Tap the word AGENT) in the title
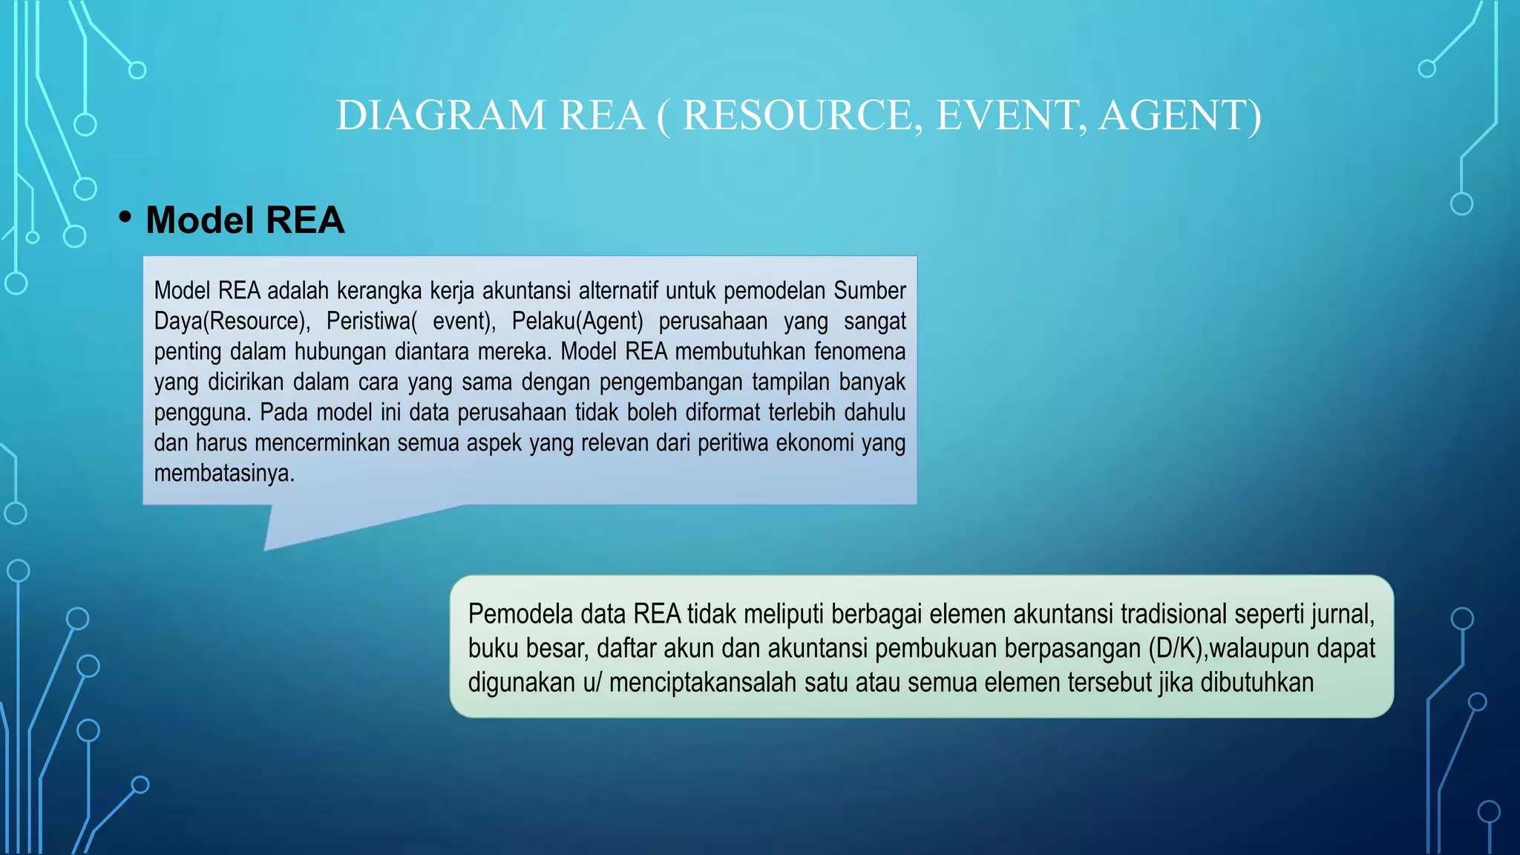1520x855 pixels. pyautogui.click(x=1179, y=116)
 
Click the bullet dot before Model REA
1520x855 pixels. pyautogui.click(x=125, y=217)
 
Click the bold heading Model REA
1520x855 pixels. pyautogui.click(x=245, y=220)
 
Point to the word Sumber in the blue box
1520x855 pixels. pyautogui.click(x=869, y=290)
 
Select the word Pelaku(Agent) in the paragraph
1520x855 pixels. pyautogui.click(x=577, y=321)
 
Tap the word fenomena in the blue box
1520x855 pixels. pyautogui.click(x=862, y=351)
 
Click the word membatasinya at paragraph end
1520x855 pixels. pyautogui.click(x=223, y=473)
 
